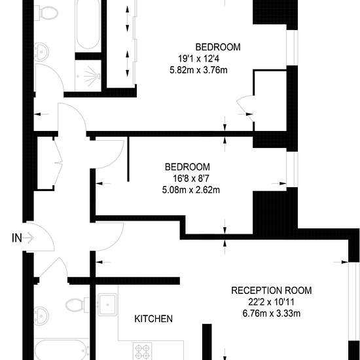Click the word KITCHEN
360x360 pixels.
click(x=153, y=319)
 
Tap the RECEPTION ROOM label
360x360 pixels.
click(x=272, y=291)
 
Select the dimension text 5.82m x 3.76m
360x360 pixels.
click(x=198, y=70)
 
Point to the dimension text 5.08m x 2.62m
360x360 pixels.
click(x=190, y=190)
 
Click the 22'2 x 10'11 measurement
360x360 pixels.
click(x=271, y=302)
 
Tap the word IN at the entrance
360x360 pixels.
click(x=17, y=238)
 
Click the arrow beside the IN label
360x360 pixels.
click(x=28, y=238)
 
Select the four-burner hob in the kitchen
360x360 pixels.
click(x=142, y=351)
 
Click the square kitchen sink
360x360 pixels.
click(x=107, y=304)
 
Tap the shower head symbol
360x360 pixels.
click(x=92, y=76)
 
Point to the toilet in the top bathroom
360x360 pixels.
click(x=46, y=12)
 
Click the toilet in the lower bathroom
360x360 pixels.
click(x=77, y=305)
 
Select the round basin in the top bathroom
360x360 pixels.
click(x=41, y=52)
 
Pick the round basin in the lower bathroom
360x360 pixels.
click(x=41, y=316)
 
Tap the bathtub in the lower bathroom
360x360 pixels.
click(x=62, y=350)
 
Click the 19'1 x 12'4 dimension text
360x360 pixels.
click(x=198, y=59)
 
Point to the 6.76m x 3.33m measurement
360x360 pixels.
click(x=272, y=314)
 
